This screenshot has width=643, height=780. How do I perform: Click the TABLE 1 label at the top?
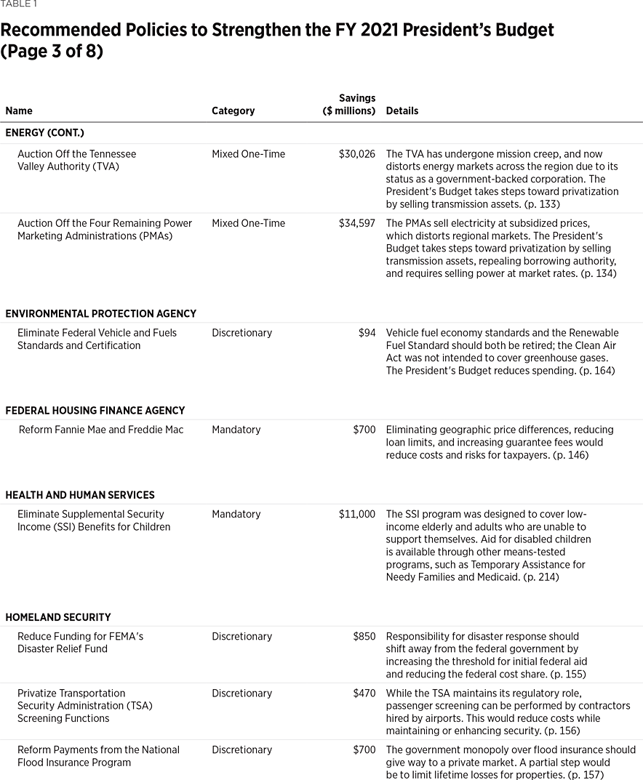(19, 4)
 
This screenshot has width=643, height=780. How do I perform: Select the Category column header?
(233, 111)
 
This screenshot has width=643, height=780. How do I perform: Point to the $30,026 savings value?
(357, 154)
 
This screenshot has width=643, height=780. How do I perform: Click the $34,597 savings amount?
(357, 223)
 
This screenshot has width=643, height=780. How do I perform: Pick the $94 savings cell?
(367, 333)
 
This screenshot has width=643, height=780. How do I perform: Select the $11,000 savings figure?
(357, 514)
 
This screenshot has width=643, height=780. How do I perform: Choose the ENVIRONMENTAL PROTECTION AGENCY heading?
(100, 314)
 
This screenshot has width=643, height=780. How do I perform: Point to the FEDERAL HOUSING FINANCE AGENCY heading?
(95, 411)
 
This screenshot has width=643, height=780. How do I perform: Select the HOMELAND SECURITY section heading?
(58, 617)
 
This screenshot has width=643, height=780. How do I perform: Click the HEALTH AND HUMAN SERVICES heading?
(80, 495)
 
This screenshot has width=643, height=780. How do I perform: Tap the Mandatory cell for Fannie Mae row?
(236, 430)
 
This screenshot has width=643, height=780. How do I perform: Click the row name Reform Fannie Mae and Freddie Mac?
(101, 430)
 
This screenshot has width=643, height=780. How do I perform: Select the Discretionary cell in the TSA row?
(241, 693)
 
